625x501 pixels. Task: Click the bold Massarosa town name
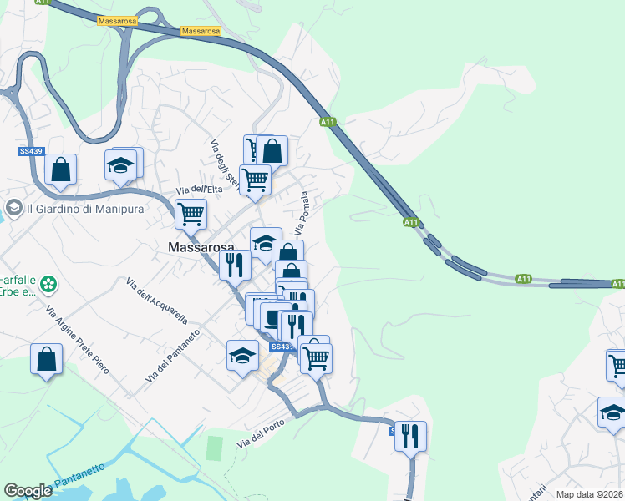point(200,247)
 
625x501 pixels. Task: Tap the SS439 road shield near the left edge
point(28,151)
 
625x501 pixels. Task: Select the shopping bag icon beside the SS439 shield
point(61,170)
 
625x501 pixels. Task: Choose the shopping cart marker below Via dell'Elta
point(191,214)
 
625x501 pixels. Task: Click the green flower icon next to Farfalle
point(48,285)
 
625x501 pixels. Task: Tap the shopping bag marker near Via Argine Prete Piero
point(47,360)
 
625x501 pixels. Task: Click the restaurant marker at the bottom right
point(410,436)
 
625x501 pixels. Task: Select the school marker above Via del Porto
point(243,356)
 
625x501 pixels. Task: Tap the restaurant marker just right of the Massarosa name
point(235,266)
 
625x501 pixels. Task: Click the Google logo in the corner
point(28,491)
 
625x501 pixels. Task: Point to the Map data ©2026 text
point(589,494)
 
